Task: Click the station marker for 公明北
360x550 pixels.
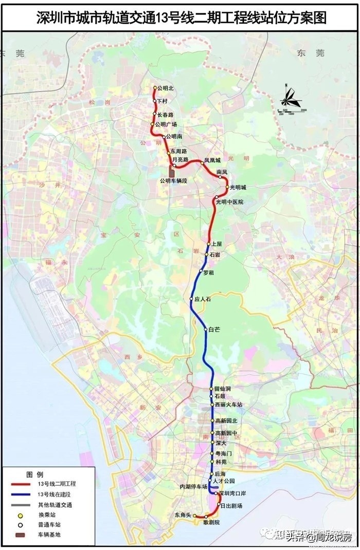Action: click(155, 88)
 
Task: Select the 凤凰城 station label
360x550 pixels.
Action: click(212, 160)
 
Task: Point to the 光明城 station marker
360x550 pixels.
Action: click(227, 187)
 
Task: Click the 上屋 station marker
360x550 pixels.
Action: click(208, 244)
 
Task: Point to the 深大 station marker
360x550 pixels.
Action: click(211, 443)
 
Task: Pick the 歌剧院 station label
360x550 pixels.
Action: click(211, 522)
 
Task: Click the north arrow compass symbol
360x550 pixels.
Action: click(291, 98)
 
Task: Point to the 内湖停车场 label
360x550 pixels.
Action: click(193, 486)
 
